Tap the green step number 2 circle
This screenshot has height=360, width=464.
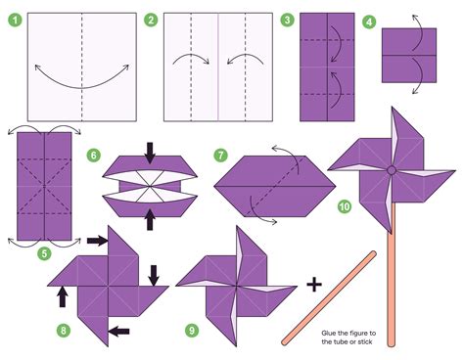point(151,20)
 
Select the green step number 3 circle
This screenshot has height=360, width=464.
point(287,20)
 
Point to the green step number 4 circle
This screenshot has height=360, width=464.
point(369,22)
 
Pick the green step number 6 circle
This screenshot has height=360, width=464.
point(93,155)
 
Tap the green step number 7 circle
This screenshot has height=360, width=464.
point(221,155)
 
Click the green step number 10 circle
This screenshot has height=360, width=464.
point(343,205)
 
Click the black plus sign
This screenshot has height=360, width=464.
point(313,285)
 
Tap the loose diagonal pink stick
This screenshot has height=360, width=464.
point(329,296)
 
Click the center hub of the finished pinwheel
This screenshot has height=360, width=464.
point(391,170)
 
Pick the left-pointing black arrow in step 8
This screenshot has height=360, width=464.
point(117,332)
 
